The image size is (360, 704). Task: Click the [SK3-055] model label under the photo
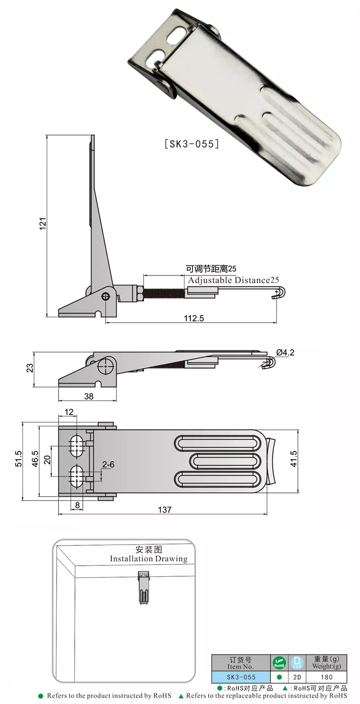(x=192, y=144)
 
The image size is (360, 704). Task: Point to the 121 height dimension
(x=43, y=223)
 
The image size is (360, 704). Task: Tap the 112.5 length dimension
(x=194, y=318)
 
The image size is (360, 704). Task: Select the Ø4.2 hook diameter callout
(x=286, y=352)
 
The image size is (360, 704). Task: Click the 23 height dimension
(x=30, y=368)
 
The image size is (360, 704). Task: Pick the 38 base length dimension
(x=89, y=396)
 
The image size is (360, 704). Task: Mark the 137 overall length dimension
(x=165, y=510)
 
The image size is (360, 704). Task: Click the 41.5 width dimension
(x=293, y=459)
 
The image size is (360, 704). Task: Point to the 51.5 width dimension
(x=18, y=459)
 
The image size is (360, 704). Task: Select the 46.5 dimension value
(x=35, y=459)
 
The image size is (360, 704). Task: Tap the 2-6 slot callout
(x=108, y=464)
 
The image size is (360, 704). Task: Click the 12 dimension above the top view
(x=69, y=412)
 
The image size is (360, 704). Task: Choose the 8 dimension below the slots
(x=77, y=505)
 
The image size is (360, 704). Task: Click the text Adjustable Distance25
(x=234, y=280)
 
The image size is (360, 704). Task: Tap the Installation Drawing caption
(x=148, y=559)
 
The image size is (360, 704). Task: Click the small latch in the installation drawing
(x=143, y=587)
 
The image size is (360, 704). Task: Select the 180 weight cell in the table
(x=326, y=677)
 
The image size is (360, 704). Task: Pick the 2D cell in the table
(x=297, y=677)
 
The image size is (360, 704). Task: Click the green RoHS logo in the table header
(x=279, y=663)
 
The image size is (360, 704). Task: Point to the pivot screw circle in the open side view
(x=106, y=296)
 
